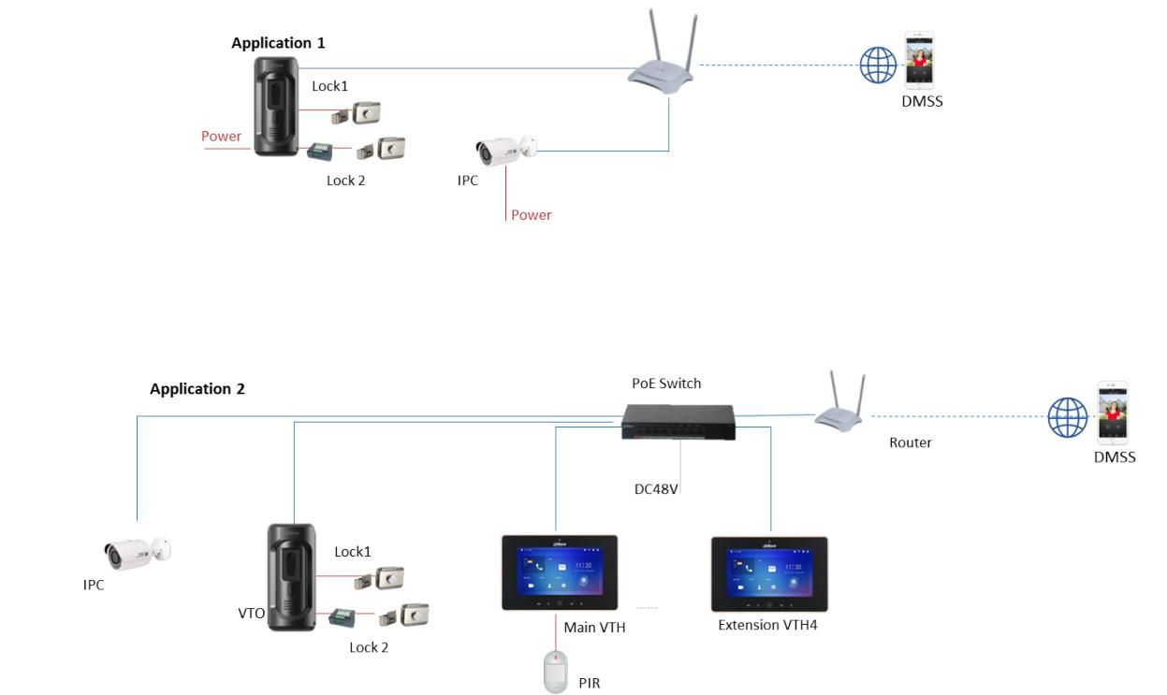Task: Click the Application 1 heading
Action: [x=278, y=43]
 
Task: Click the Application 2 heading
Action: [x=197, y=389]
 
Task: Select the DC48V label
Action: [x=656, y=487]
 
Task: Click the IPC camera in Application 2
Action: [x=136, y=553]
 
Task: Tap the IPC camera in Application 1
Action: [x=505, y=149]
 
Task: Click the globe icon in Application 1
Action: [x=877, y=65]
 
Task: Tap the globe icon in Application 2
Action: [x=1067, y=417]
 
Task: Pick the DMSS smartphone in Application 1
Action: [x=919, y=61]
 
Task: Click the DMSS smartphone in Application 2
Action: [x=1113, y=413]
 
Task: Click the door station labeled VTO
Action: [x=292, y=576]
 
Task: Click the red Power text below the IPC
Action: [x=531, y=215]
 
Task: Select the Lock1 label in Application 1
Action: [x=329, y=86]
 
